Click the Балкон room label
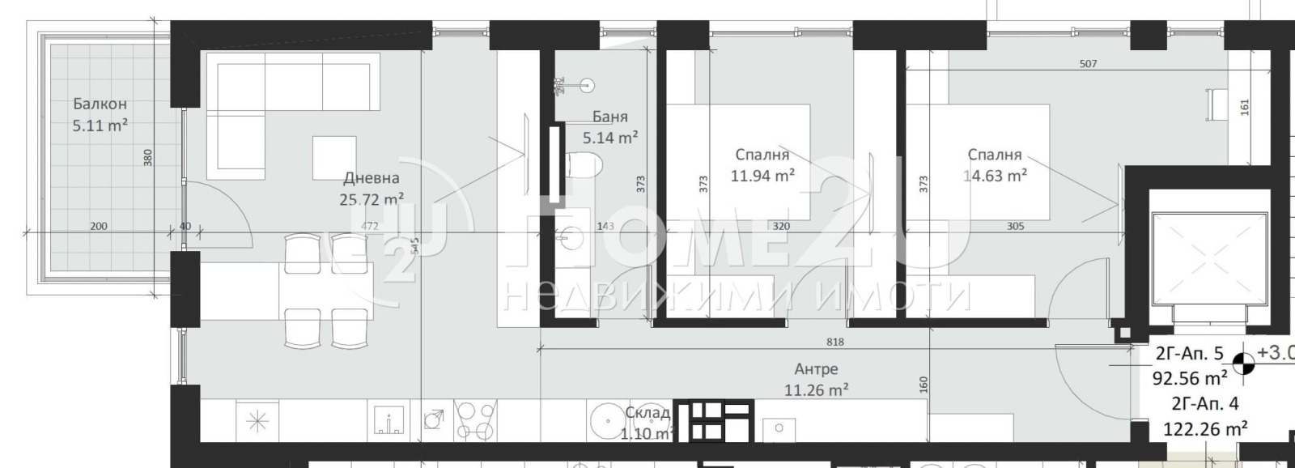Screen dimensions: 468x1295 click(x=100, y=104)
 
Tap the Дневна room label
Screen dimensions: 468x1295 click(x=372, y=178)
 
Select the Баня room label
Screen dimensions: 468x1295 click(x=609, y=117)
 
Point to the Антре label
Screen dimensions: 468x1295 click(x=816, y=369)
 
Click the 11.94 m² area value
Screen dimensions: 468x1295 click(x=762, y=175)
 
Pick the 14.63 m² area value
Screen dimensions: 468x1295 click(x=995, y=175)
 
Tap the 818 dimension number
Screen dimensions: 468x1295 click(x=836, y=342)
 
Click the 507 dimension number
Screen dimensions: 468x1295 click(x=1089, y=64)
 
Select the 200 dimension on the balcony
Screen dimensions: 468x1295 click(x=98, y=226)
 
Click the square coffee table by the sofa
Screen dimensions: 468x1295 click(x=334, y=157)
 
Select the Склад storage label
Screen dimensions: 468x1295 click(x=647, y=413)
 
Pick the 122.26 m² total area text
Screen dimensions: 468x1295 click(x=1204, y=428)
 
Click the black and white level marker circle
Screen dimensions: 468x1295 click(x=1245, y=365)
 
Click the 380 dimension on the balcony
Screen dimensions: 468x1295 click(x=147, y=156)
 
